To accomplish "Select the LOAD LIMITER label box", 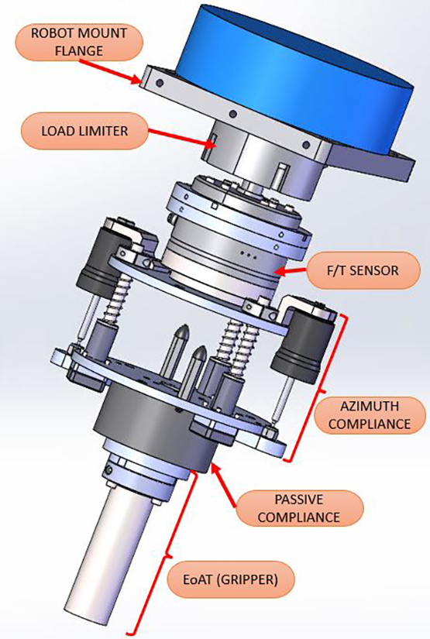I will click(x=85, y=132).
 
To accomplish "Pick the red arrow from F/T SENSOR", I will click(x=303, y=271).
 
